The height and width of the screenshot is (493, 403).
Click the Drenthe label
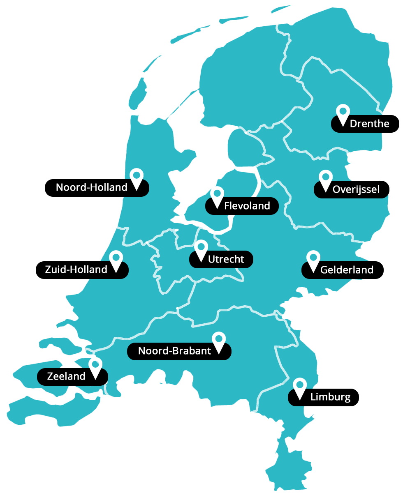pos(369,124)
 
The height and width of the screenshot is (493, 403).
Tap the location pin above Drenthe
pos(343,112)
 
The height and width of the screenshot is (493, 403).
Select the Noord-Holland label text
pos(92,187)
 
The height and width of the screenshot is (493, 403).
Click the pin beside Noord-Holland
pos(137,176)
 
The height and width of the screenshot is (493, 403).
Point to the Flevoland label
pos(247,206)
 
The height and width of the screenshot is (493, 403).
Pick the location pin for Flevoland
pos(217,194)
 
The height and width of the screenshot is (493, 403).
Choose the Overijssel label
pos(356,189)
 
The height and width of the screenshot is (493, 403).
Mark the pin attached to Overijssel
pos(325,178)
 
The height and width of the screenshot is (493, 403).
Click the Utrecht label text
pos(226,259)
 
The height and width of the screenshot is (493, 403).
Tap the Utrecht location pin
pos(201,248)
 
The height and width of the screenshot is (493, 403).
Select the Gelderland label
pos(347,270)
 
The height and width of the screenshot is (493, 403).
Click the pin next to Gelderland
pos(313,258)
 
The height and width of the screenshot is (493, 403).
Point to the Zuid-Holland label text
pos(76,270)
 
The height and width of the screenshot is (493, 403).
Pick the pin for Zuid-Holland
pos(116,258)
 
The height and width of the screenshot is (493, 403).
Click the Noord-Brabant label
pos(174,351)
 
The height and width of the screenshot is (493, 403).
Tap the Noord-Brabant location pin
pos(219,340)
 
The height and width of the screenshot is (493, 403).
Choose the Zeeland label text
pos(66,376)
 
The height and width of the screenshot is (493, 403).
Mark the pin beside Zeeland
pos(95,365)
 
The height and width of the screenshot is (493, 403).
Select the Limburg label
pos(330,397)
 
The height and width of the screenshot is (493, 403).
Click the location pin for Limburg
pos(300,386)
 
